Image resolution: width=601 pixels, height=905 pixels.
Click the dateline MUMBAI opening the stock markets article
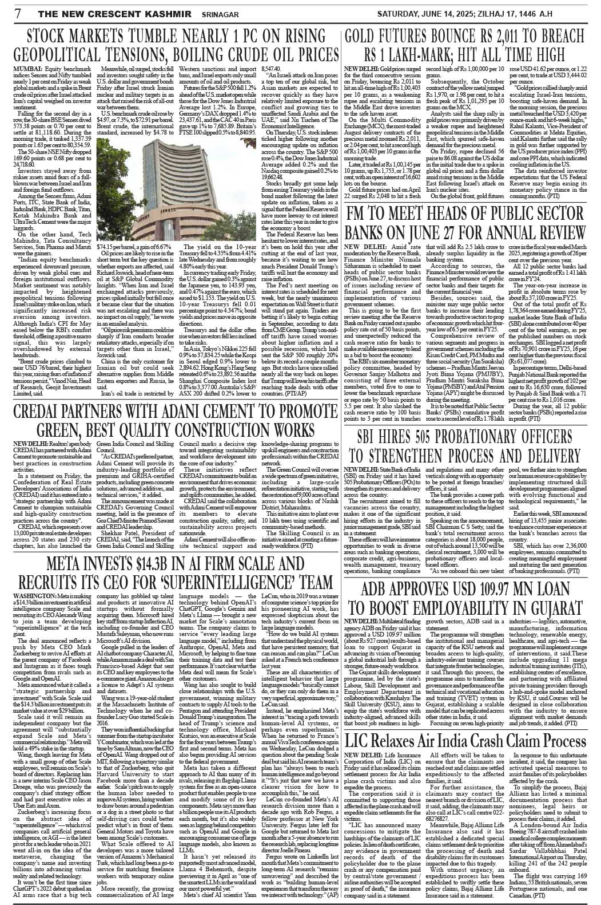tap(20, 68)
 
